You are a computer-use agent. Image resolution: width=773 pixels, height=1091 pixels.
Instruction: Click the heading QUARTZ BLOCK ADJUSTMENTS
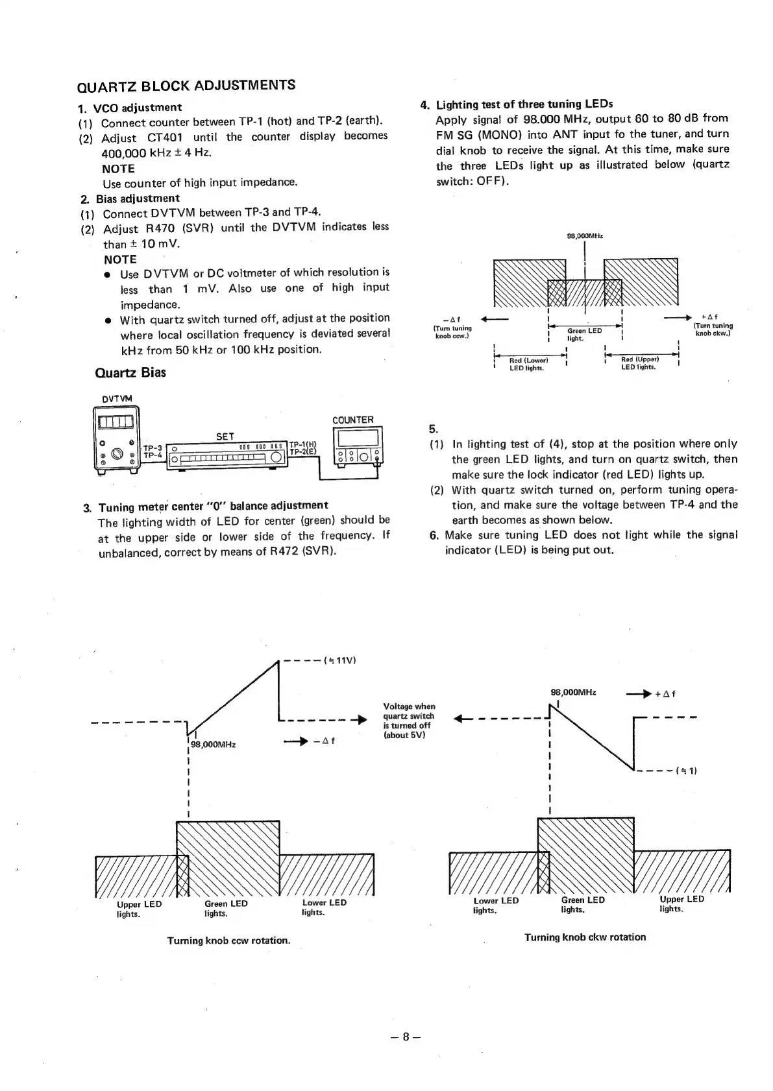click(x=186, y=86)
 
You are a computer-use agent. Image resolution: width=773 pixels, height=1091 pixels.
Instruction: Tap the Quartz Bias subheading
click(x=130, y=372)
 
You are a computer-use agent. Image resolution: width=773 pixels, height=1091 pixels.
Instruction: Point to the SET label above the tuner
click(x=225, y=437)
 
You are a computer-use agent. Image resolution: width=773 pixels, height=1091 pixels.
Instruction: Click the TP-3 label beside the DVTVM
click(x=152, y=447)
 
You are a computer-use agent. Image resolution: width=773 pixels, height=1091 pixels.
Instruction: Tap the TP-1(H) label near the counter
click(x=302, y=444)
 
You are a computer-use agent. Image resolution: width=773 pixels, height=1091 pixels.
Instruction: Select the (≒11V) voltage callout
click(x=340, y=661)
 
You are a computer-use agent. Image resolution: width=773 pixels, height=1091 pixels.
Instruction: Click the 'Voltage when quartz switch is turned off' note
click(x=409, y=721)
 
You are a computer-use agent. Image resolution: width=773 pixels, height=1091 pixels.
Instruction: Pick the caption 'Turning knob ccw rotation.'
click(x=228, y=940)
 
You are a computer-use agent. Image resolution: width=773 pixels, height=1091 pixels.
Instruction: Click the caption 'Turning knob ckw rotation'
click(x=585, y=937)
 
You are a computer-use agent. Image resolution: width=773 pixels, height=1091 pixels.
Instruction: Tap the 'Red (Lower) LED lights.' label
click(x=528, y=364)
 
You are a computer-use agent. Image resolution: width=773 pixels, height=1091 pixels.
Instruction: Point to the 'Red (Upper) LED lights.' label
click(x=639, y=363)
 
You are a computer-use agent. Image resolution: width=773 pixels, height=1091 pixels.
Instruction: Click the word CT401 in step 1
click(x=165, y=138)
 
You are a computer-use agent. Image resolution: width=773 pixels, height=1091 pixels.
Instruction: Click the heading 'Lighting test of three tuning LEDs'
click(x=524, y=104)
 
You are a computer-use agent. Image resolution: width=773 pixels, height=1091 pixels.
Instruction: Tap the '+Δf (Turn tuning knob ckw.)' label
click(x=713, y=325)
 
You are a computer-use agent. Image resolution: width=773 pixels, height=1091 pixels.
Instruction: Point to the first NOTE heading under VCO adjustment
click(x=118, y=169)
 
